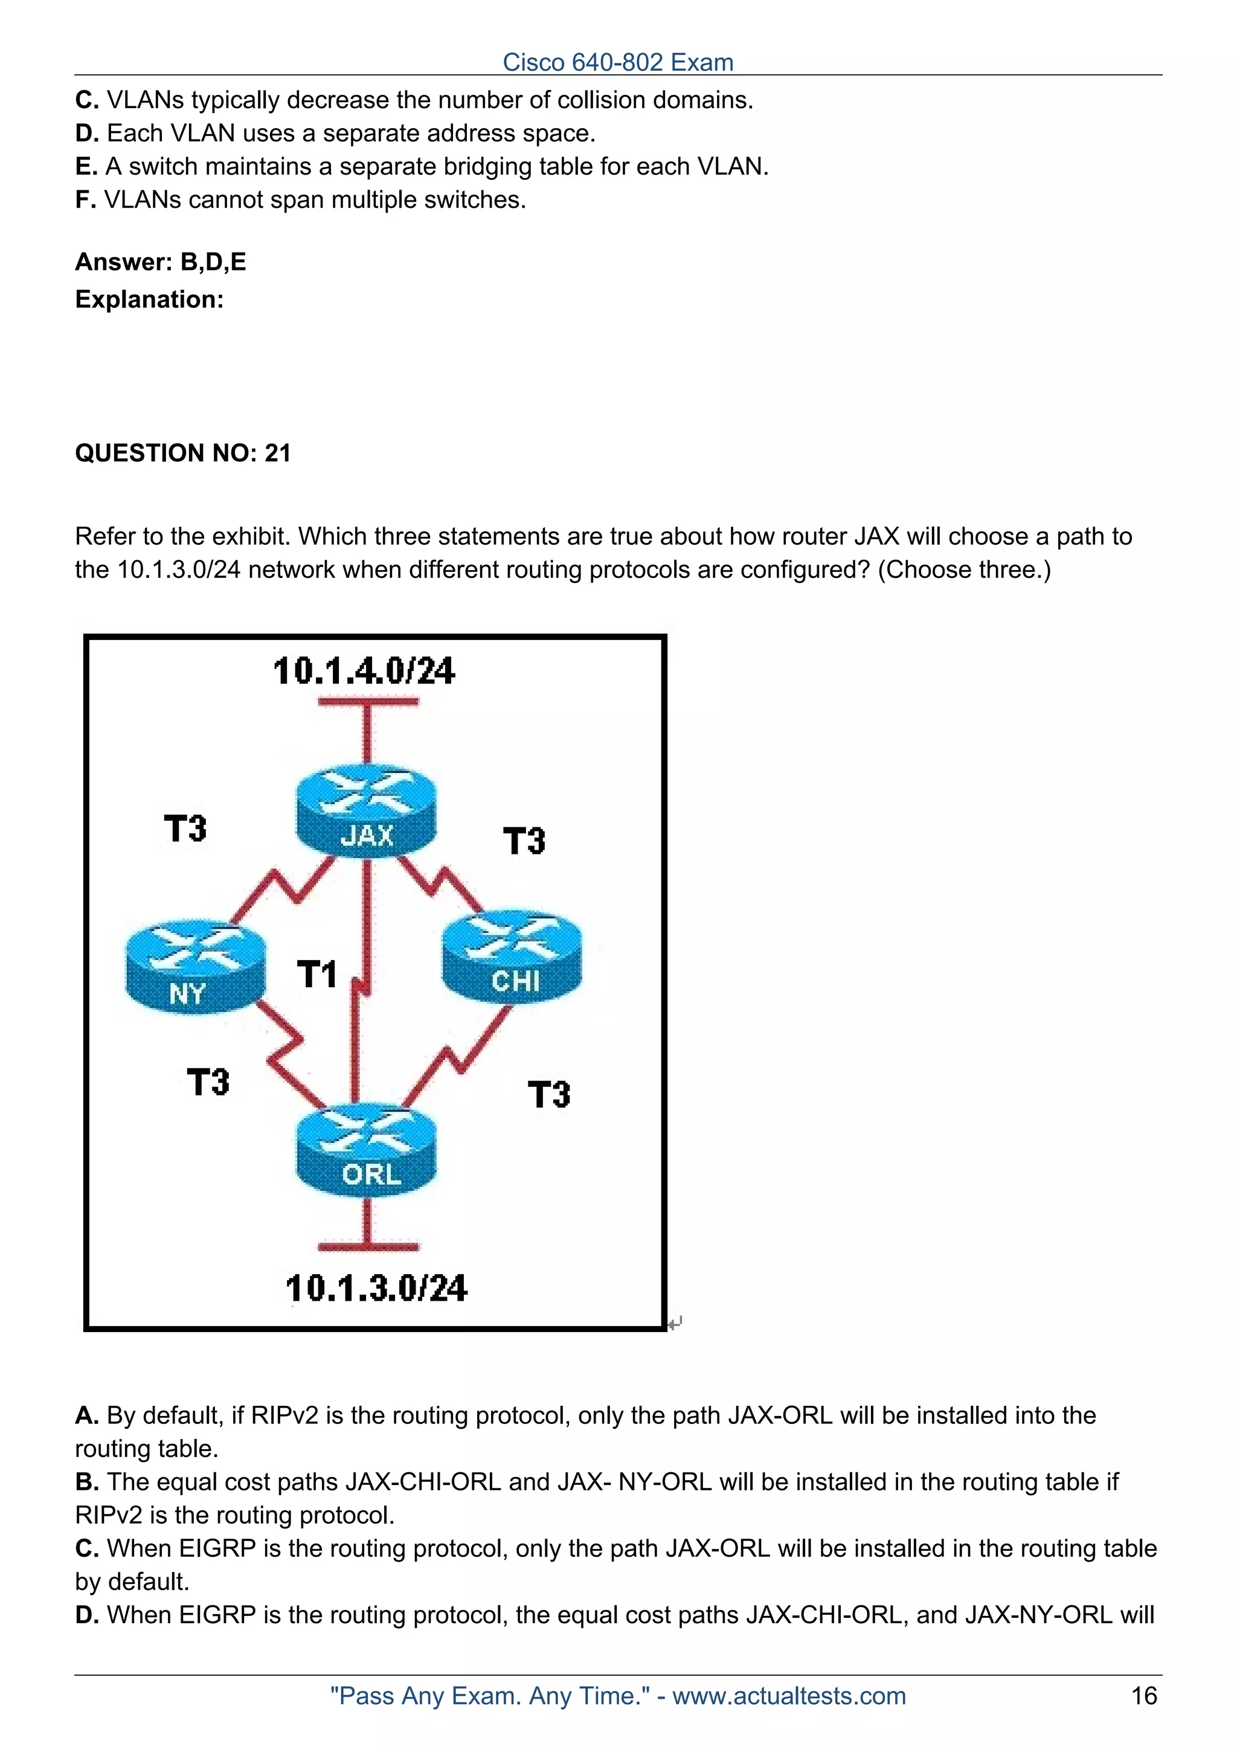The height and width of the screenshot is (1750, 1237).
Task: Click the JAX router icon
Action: click(x=367, y=812)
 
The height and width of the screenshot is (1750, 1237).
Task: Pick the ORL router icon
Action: click(x=367, y=1151)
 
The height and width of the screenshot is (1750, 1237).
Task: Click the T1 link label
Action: click(x=317, y=975)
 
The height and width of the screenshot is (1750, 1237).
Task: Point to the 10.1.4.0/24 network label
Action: click(x=364, y=671)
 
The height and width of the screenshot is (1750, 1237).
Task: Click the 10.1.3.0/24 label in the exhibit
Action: click(x=376, y=1289)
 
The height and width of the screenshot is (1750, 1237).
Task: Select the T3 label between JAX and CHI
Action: click(x=524, y=841)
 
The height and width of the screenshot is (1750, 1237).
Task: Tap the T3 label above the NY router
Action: click(x=185, y=829)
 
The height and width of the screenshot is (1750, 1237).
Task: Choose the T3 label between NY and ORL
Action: click(x=208, y=1082)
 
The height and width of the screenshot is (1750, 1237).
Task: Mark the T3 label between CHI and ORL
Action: click(x=549, y=1095)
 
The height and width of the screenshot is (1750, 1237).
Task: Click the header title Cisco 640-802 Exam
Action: click(x=618, y=63)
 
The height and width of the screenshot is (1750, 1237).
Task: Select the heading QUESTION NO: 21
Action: click(x=183, y=454)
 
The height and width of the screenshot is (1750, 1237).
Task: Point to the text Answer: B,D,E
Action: click(x=161, y=262)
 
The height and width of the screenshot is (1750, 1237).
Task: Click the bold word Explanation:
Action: click(x=149, y=300)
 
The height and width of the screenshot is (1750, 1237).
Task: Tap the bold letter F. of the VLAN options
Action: click(x=85, y=200)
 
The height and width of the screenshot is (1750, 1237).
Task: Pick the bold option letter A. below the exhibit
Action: click(x=87, y=1416)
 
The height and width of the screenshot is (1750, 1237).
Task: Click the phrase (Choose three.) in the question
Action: click(x=964, y=570)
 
